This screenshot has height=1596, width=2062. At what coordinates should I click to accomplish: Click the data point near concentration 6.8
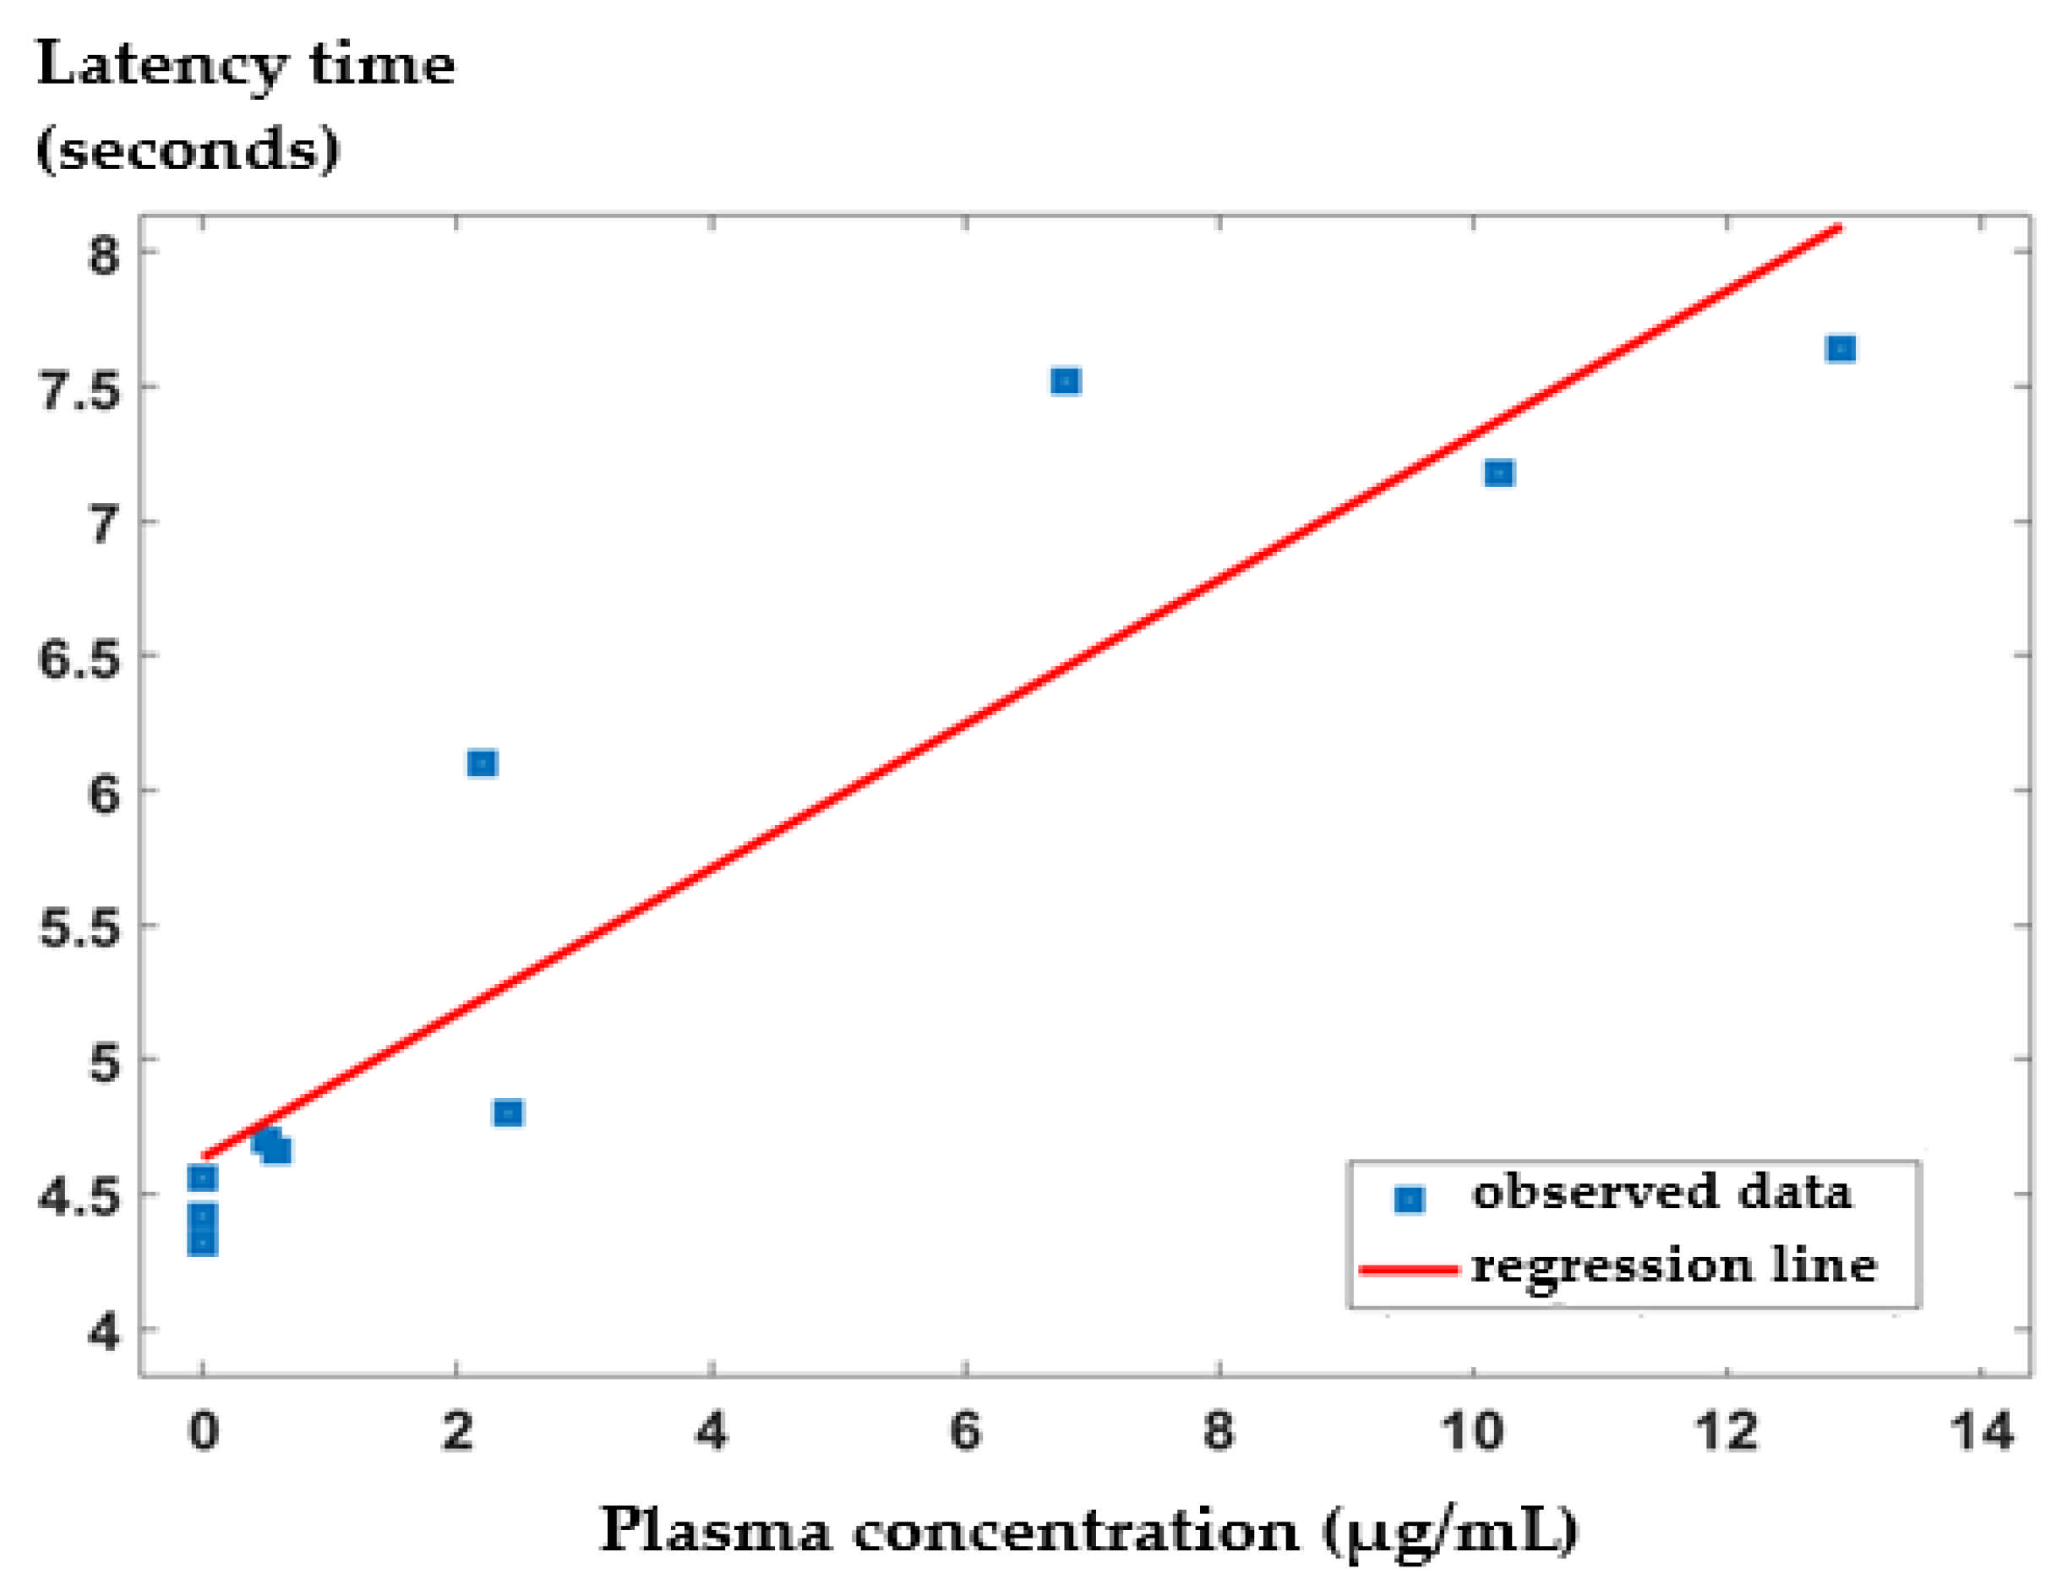click(1065, 381)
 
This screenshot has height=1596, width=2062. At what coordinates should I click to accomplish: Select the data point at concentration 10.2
click(1498, 473)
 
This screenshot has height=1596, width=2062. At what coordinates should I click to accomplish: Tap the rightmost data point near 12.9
click(1840, 349)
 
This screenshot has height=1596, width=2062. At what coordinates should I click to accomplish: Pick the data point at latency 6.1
click(483, 763)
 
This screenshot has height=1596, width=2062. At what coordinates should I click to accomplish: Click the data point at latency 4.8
click(508, 1113)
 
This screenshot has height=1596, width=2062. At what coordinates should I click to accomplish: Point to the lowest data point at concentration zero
click(202, 1243)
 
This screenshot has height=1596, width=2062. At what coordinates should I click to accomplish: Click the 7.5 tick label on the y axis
click(79, 389)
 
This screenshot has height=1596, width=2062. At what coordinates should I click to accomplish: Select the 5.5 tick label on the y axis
click(79, 928)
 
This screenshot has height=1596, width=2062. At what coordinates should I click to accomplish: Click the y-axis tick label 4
click(104, 1332)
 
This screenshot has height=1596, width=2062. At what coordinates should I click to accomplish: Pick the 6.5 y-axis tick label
click(79, 659)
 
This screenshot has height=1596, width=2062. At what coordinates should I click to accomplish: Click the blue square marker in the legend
click(1409, 1200)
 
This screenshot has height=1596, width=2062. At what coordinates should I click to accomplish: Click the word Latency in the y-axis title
click(161, 66)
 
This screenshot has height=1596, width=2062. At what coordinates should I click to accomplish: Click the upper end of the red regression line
click(1836, 228)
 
